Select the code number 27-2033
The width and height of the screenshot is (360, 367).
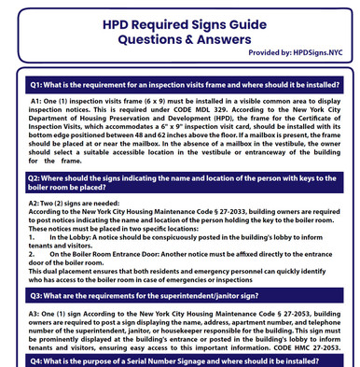[x=238, y=211]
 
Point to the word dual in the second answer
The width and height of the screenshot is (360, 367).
[x=51, y=270]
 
